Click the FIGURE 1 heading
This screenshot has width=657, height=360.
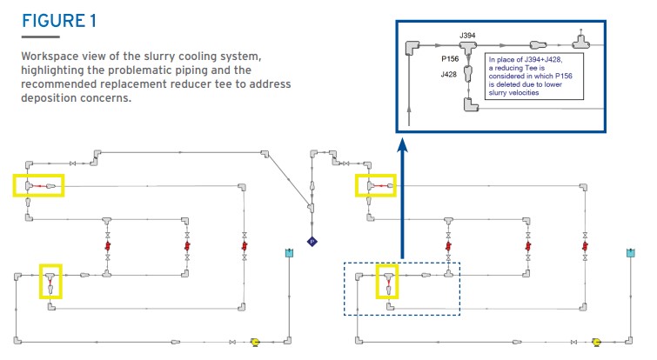pos(59,21)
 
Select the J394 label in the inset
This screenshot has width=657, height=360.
pos(467,36)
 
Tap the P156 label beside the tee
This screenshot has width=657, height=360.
pos(450,59)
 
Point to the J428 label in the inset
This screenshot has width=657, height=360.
pos(448,75)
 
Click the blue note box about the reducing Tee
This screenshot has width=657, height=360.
pos(533,77)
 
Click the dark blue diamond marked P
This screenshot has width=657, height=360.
pos(312,242)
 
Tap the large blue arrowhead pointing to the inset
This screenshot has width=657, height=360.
pos(402,145)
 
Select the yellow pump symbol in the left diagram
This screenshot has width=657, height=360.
pos(255,342)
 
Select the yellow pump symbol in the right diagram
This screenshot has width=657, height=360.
pos(596,343)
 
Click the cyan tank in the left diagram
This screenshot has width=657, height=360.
pos(289,252)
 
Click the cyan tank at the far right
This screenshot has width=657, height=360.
pos(631,252)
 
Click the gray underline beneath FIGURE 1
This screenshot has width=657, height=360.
pos(41,37)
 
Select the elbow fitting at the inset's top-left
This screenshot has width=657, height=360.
pos(412,47)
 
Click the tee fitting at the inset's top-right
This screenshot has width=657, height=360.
pos(580,41)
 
